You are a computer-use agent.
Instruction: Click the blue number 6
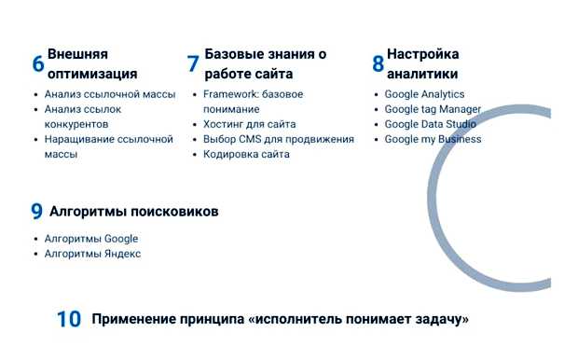(x=38, y=64)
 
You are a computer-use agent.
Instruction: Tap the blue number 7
(x=193, y=64)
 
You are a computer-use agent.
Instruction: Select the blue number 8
(x=378, y=64)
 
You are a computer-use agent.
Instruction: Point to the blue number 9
(x=37, y=212)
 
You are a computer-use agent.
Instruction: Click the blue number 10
(x=69, y=319)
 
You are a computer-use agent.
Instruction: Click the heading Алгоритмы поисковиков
(x=133, y=212)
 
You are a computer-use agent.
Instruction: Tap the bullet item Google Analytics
(x=424, y=94)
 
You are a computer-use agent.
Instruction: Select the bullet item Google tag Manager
(x=433, y=109)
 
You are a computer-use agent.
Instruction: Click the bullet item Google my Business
(x=433, y=139)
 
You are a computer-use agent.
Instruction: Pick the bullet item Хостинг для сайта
(x=249, y=124)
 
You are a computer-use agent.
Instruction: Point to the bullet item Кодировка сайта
(x=246, y=154)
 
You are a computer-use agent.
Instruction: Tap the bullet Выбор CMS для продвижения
(x=278, y=139)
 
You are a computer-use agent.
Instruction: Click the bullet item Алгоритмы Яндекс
(x=92, y=254)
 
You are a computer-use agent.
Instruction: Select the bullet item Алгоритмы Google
(x=90, y=239)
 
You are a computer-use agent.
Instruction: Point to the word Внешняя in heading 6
(x=77, y=54)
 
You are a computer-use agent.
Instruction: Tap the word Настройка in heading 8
(x=422, y=54)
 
